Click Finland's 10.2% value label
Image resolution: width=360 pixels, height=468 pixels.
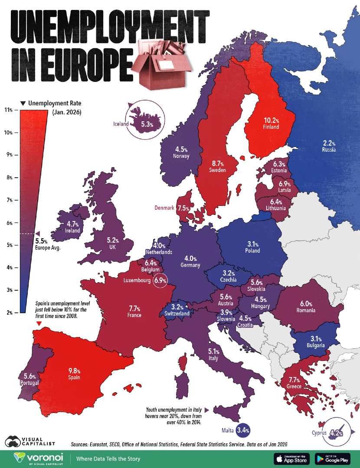point(271,120)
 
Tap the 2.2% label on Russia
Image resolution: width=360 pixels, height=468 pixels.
point(328,143)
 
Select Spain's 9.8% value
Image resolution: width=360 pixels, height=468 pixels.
point(74,371)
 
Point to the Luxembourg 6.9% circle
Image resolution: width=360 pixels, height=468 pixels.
point(160,280)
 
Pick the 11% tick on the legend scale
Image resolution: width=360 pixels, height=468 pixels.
point(9,110)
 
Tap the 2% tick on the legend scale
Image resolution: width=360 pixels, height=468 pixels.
point(9,312)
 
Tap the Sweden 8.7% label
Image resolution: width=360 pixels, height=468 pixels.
point(217,164)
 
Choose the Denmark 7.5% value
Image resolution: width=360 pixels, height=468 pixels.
point(183,208)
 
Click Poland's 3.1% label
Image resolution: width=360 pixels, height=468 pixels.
point(252,244)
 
